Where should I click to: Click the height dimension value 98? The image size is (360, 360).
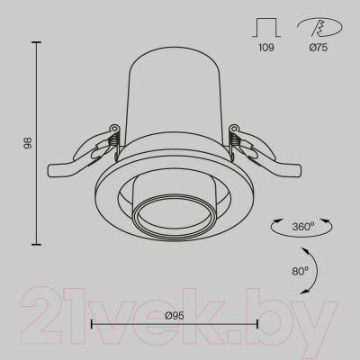(x=28, y=143)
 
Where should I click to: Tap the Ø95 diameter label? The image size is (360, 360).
(x=175, y=315)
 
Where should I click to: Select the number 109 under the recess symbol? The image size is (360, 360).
(x=266, y=48)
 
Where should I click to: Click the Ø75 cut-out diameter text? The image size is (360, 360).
(x=319, y=48)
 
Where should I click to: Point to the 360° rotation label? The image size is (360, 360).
(x=303, y=226)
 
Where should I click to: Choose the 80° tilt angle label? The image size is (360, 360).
(x=301, y=271)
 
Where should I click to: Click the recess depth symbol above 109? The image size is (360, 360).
(x=266, y=28)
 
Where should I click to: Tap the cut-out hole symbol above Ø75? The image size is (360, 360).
(x=319, y=27)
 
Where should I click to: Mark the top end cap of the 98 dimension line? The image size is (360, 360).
(x=36, y=42)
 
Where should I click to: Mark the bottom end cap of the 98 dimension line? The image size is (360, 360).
(x=36, y=245)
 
